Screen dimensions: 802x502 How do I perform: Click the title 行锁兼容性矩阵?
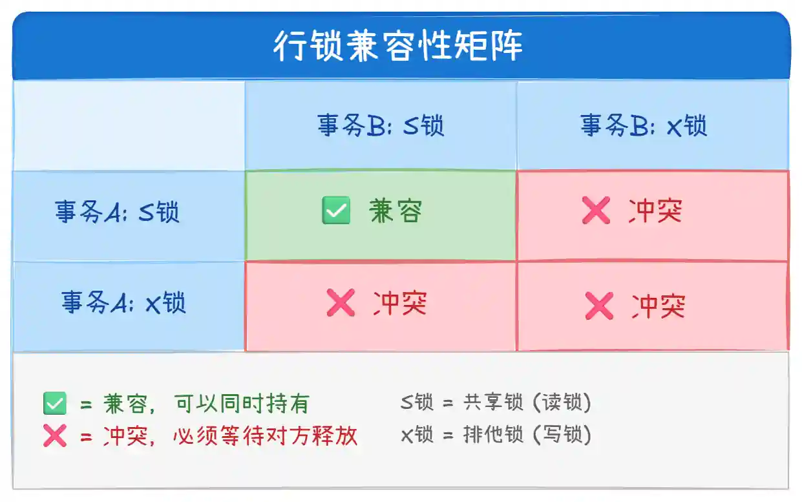click(398, 46)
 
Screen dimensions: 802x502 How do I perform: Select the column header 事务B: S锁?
click(381, 125)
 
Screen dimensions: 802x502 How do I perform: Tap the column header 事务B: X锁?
click(644, 125)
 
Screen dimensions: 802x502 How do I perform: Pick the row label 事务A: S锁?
click(117, 212)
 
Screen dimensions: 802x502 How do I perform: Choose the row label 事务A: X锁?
click(123, 302)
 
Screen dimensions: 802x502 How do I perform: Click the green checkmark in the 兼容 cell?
click(336, 210)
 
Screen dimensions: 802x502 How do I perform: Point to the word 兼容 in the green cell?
click(396, 211)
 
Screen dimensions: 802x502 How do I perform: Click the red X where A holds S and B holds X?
click(596, 210)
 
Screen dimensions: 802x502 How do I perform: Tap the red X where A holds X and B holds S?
click(341, 302)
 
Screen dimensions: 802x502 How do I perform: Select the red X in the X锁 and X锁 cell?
click(599, 306)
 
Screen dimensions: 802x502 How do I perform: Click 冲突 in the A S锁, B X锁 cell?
click(655, 211)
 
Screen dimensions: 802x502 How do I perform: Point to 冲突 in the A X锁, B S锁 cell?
click(400, 303)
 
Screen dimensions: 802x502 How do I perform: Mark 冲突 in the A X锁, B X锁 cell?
click(659, 306)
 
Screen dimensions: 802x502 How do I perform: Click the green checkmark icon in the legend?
click(55, 403)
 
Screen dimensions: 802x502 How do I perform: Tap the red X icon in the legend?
click(55, 435)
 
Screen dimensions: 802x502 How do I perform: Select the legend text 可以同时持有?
click(242, 404)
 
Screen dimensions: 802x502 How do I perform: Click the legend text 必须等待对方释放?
click(266, 435)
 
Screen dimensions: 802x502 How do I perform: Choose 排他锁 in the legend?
click(493, 435)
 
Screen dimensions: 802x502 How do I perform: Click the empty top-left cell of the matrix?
click(129, 126)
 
